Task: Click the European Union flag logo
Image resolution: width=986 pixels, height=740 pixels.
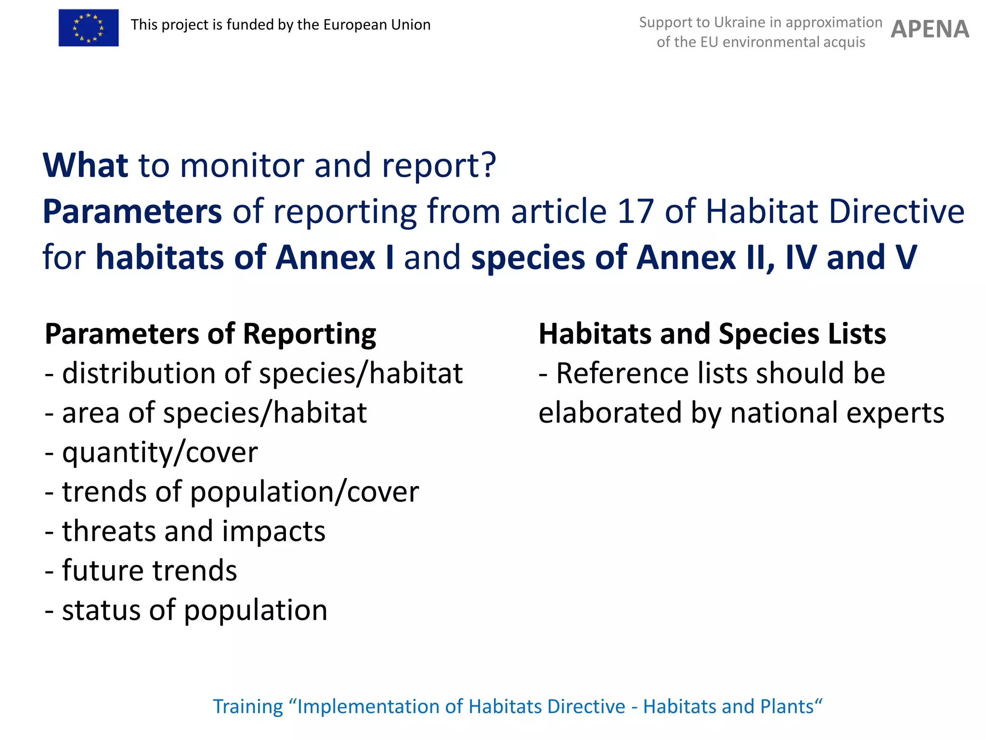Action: [89, 28]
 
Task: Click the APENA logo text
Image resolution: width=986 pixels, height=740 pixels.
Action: [930, 29]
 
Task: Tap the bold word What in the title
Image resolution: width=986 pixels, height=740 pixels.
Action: [85, 165]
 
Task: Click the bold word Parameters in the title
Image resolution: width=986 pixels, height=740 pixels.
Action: [132, 211]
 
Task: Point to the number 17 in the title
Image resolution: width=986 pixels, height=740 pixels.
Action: [636, 211]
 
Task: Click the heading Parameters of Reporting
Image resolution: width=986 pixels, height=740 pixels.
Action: [210, 334]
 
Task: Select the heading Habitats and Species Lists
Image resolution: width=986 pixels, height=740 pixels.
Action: [712, 334]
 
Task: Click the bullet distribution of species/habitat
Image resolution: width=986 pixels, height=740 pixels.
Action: [254, 373]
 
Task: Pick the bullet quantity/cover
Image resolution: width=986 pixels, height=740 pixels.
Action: [151, 452]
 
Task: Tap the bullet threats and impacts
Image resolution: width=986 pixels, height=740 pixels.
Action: [185, 531]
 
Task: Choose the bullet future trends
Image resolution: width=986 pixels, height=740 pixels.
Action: [141, 571]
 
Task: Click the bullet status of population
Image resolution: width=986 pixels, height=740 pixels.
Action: [186, 610]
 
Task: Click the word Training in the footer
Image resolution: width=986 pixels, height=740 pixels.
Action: [248, 707]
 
